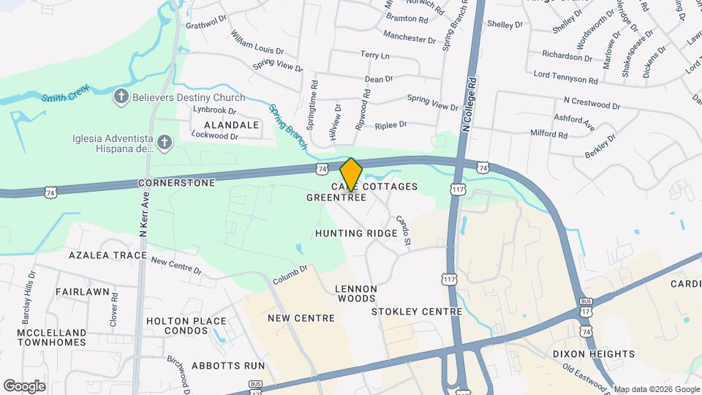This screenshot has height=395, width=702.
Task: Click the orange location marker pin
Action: point(351,174)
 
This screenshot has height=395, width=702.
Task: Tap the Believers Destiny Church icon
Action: point(121,96)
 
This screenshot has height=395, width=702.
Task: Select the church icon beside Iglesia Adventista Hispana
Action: point(165,142)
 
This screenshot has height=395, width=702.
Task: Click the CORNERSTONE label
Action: point(176,182)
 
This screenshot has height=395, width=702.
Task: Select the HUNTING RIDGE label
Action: point(356,233)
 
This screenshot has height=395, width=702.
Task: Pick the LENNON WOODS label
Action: point(356,293)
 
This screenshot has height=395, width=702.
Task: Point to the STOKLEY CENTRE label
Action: point(417,312)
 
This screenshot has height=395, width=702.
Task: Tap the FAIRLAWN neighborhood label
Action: point(83,292)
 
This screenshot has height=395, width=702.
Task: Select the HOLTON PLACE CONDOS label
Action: point(186,326)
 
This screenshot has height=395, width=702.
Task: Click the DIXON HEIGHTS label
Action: point(594,354)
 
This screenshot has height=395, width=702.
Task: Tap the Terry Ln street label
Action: point(375,56)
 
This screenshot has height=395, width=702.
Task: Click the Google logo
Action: point(24,385)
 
